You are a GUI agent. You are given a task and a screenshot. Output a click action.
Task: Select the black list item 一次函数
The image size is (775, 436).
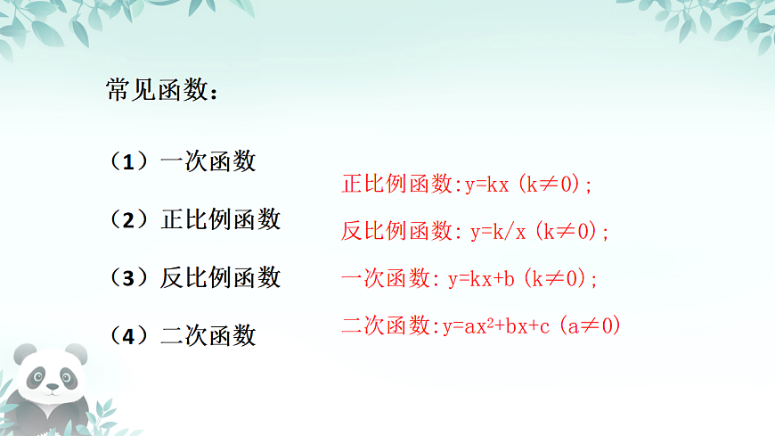tap(208, 161)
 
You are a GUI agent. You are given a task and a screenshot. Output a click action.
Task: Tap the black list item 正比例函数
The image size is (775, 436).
tap(220, 219)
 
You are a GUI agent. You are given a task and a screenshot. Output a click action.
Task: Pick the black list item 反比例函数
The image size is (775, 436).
tap(220, 277)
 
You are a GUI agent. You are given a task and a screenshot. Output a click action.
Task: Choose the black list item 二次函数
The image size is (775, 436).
tap(208, 335)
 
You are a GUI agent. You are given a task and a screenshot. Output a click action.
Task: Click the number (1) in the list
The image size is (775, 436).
tap(128, 161)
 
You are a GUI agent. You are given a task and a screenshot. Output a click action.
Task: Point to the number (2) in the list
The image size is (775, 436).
tap(128, 219)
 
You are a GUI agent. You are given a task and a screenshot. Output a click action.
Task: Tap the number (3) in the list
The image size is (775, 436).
tap(128, 277)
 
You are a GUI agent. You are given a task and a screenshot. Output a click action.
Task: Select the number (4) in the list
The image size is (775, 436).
tap(128, 335)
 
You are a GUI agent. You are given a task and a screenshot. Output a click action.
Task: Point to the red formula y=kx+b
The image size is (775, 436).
tap(482, 278)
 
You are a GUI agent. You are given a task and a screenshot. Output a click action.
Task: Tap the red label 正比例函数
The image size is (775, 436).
tap(398, 185)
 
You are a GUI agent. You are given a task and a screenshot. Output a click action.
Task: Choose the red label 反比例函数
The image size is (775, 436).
tap(398, 232)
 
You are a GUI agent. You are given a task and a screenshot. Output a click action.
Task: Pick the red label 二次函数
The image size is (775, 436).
tap(387, 325)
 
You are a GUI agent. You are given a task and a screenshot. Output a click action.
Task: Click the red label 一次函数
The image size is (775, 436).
tap(387, 278)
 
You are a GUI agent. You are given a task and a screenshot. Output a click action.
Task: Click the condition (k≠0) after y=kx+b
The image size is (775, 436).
tap(560, 278)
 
